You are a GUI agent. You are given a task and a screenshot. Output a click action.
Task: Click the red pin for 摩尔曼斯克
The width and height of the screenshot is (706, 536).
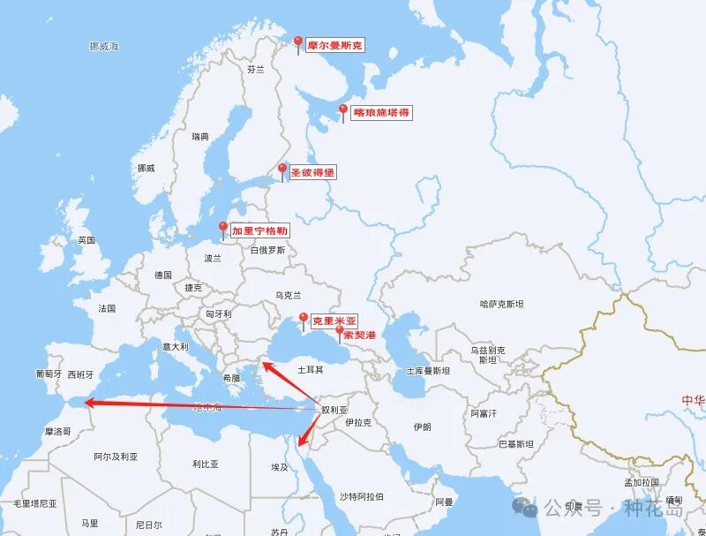(298, 43)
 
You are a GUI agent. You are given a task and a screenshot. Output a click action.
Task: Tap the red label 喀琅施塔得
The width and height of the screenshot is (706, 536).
(381, 113)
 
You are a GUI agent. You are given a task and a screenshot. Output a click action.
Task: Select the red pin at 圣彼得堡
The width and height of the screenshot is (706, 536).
(282, 170)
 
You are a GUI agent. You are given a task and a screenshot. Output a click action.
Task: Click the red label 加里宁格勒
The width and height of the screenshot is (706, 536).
(259, 230)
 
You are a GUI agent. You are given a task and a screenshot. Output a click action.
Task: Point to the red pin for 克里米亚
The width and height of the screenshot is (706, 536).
(304, 320)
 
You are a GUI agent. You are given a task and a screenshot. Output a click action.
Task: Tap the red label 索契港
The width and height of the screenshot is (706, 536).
(359, 336)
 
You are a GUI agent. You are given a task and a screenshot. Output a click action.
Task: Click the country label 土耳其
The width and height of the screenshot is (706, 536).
(311, 369)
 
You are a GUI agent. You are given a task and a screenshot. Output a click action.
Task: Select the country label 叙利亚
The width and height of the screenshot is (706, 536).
(335, 410)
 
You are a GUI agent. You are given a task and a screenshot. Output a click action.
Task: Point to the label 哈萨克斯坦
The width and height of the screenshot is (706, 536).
(501, 304)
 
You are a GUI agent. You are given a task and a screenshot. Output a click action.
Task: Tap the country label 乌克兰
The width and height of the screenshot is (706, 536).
(289, 295)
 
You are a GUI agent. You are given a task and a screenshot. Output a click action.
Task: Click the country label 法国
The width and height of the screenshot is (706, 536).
(107, 309)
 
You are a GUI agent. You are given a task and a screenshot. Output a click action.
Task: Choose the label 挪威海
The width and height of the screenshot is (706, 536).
(104, 45)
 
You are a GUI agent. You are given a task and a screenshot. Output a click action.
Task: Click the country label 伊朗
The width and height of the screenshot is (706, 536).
(422, 427)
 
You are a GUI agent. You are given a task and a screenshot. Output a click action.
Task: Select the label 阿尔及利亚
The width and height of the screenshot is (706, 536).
(116, 457)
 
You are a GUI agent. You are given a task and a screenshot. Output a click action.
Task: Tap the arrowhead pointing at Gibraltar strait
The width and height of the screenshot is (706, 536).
(89, 404)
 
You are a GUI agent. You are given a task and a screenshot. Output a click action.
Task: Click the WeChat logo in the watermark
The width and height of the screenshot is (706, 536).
(527, 508)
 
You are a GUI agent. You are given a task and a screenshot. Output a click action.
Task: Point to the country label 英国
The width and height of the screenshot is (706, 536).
(86, 240)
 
